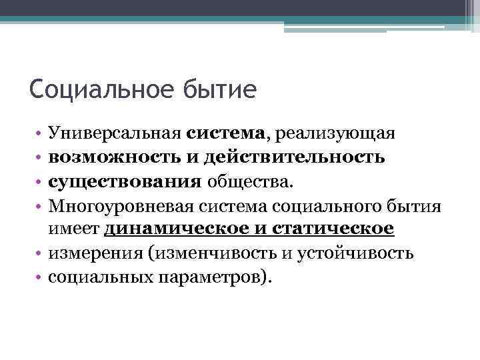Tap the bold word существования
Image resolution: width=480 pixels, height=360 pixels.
tap(125, 181)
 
